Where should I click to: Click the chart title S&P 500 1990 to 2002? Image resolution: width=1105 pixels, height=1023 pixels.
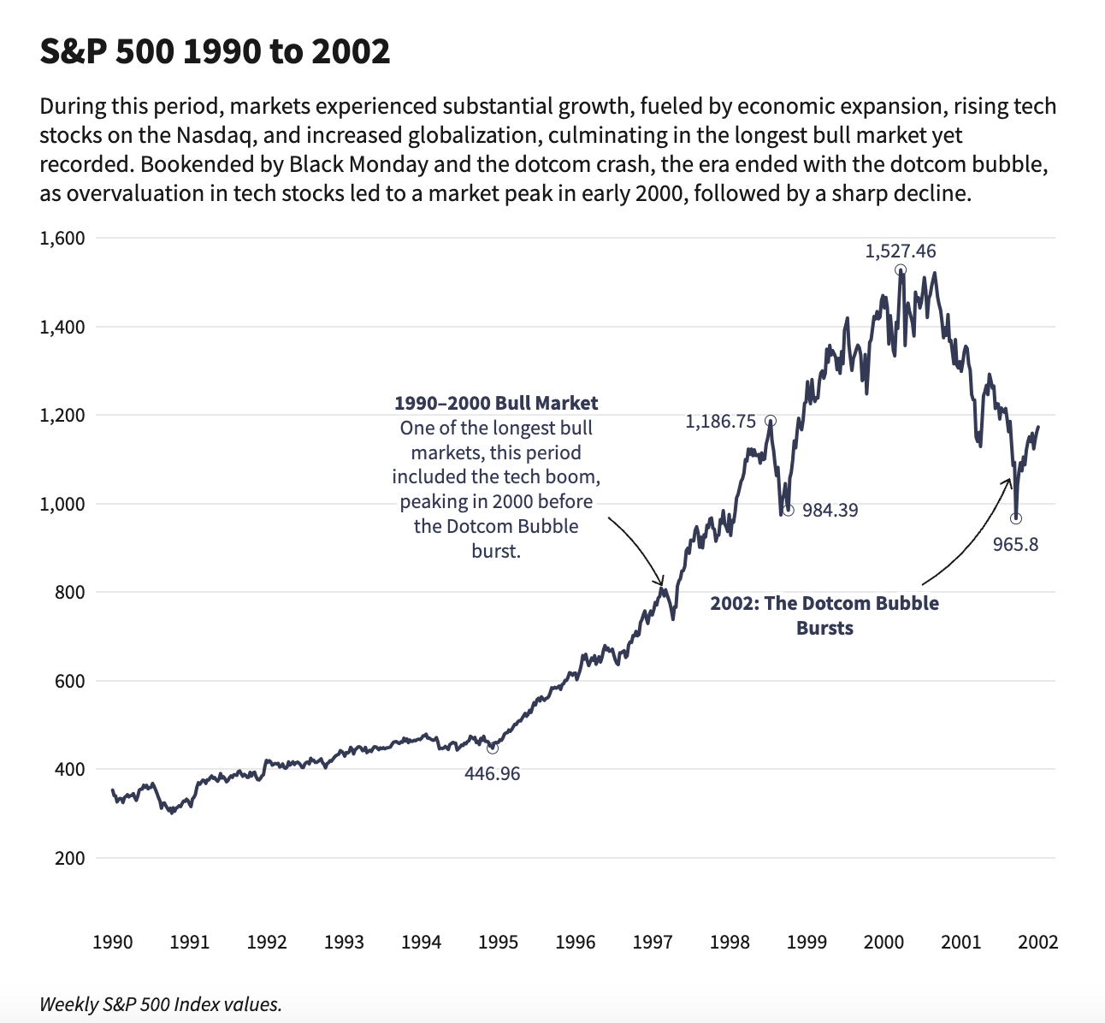215,52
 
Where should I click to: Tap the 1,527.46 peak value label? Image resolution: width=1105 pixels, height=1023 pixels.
901,251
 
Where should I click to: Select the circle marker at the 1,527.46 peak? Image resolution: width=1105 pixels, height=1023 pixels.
901,270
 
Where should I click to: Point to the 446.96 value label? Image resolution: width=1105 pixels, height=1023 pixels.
492,774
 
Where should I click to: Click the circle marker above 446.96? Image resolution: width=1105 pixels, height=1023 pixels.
492,748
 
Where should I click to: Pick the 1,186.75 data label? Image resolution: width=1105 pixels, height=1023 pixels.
720,422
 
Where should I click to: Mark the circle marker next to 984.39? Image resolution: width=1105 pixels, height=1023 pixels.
788,511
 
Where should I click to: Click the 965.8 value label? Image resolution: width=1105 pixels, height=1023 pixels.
1015,545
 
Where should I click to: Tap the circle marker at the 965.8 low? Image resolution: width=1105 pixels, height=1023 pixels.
1015,518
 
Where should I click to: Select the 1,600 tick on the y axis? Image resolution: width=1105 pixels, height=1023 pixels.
62,238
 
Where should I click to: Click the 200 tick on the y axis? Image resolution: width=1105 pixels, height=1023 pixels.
69,858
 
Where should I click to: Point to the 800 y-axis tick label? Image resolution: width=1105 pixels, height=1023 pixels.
69,592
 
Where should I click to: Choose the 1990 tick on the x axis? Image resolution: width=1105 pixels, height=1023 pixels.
112,943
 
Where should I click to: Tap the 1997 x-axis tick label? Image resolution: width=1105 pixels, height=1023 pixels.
653,943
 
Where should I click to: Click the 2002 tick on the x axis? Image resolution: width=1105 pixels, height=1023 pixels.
1038,943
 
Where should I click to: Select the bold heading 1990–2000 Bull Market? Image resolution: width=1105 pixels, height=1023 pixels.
496,403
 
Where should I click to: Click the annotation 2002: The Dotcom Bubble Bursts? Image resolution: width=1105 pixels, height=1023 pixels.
824,615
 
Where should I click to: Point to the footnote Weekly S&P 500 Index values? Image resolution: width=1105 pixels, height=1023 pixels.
161,1004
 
